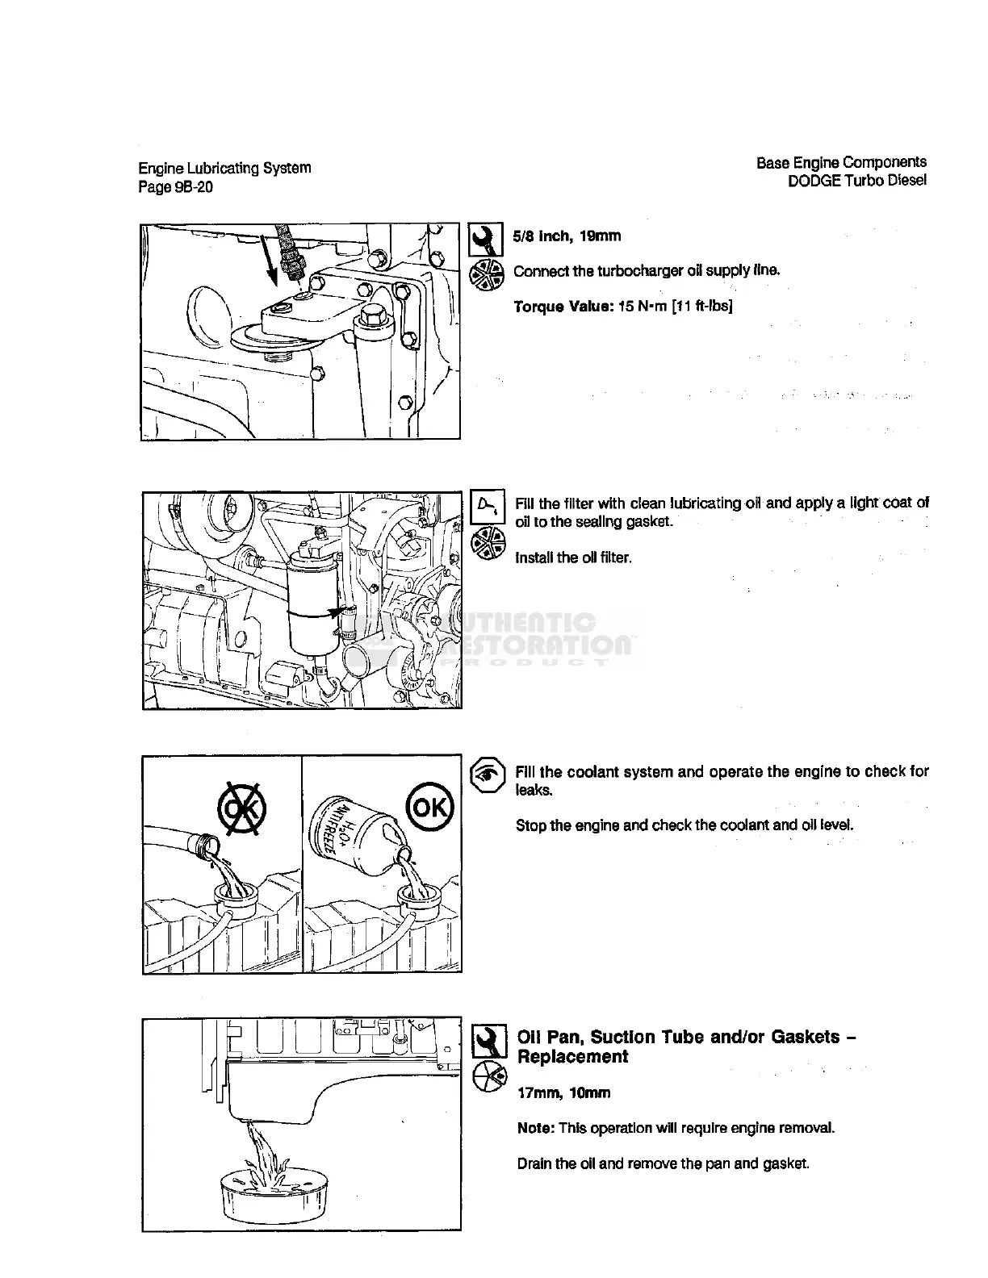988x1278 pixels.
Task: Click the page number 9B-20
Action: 190,188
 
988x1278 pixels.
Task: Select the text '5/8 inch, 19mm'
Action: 567,236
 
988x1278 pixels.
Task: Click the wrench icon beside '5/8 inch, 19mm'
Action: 486,238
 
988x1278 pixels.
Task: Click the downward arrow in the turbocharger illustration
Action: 272,262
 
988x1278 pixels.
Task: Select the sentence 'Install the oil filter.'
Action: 573,558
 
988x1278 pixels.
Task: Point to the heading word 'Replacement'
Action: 572,1057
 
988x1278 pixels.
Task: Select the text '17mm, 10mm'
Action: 563,1093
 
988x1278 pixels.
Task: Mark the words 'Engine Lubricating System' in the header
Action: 224,169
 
